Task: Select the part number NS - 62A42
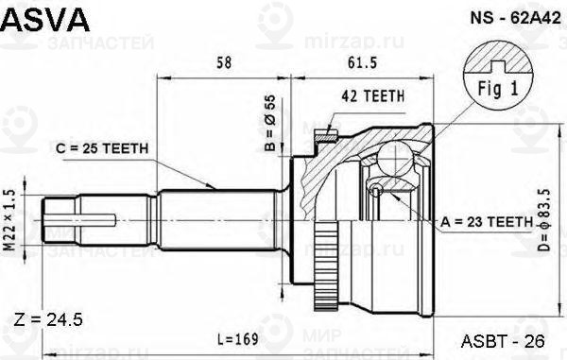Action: click(515, 17)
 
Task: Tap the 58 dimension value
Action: click(224, 63)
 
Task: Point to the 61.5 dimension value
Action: click(362, 63)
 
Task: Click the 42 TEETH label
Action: click(373, 95)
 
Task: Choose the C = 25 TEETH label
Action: click(102, 148)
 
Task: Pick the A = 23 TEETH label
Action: click(487, 221)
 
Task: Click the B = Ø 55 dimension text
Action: click(269, 123)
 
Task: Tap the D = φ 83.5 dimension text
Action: click(544, 220)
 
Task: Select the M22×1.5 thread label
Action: click(9, 220)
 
